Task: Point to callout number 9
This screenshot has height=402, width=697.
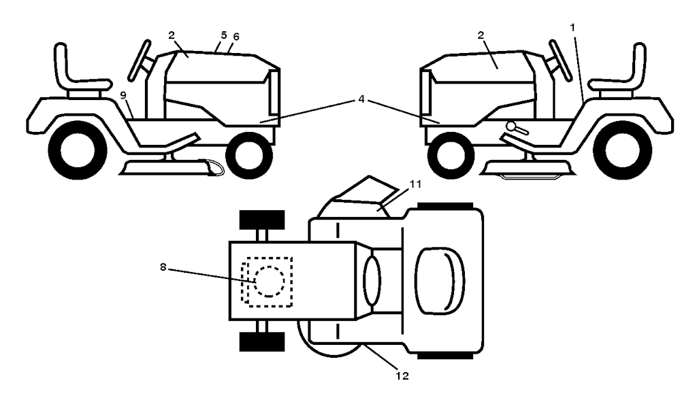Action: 123,95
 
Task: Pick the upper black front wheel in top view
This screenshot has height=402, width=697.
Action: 263,222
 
